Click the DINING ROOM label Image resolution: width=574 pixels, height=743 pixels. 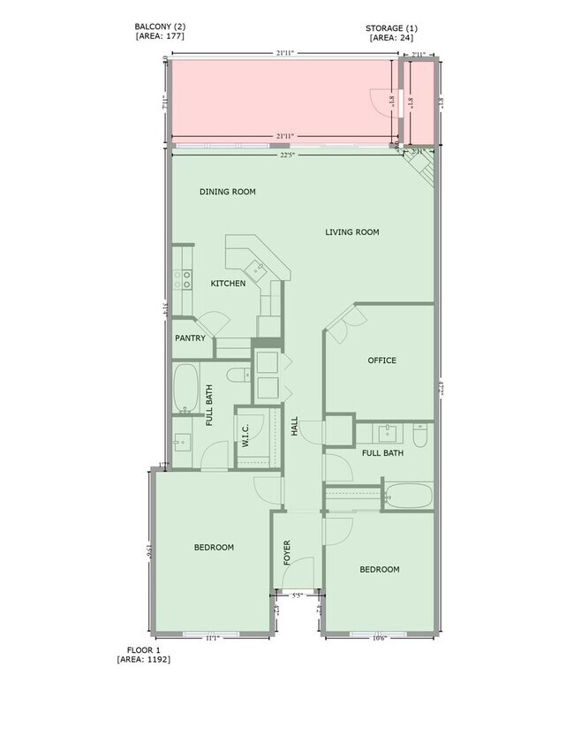pyautogui.click(x=227, y=192)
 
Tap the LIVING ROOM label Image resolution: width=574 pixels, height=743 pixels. pyautogui.click(x=351, y=232)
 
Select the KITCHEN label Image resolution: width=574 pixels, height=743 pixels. pyautogui.click(x=228, y=284)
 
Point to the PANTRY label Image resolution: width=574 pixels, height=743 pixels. pyautogui.click(x=190, y=338)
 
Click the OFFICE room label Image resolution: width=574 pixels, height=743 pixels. pyautogui.click(x=381, y=360)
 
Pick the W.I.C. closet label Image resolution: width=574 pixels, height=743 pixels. pyautogui.click(x=245, y=436)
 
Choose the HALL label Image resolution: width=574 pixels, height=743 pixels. pyautogui.click(x=295, y=427)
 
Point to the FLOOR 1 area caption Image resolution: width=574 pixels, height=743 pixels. pyautogui.click(x=142, y=654)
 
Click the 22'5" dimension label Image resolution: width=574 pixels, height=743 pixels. pyautogui.click(x=288, y=156)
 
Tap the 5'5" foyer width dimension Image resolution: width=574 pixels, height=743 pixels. pyautogui.click(x=297, y=596)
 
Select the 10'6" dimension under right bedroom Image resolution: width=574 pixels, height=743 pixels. pyautogui.click(x=378, y=638)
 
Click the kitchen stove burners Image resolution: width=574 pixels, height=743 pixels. pyautogui.click(x=184, y=280)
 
